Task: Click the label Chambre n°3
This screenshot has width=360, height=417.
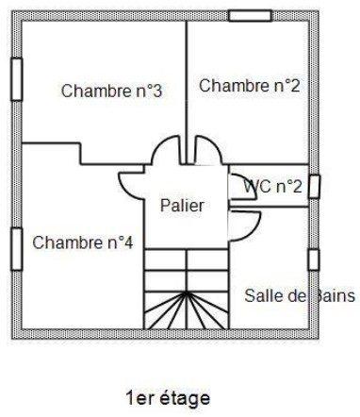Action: pos(112,92)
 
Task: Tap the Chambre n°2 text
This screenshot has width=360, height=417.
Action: pos(249,86)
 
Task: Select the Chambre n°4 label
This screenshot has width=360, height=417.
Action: pos(83,242)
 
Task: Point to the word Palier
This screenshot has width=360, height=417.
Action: pos(181,205)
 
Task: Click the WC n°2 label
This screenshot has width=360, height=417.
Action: pos(272,186)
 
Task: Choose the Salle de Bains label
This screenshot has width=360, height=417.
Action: pos(299,295)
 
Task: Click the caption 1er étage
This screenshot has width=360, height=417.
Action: pos(168,398)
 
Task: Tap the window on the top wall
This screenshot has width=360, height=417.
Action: pos(249,16)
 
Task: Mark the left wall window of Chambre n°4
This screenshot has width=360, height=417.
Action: pos(16,249)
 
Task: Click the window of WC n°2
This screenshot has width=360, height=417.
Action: pos(314,186)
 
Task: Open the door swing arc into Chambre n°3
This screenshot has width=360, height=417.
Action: pos(165,151)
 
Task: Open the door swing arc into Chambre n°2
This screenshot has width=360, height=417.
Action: pos(206,150)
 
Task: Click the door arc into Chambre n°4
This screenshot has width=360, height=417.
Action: pos(131,184)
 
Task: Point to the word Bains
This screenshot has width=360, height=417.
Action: pos(332,295)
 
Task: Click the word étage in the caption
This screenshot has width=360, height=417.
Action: pos(188,398)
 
